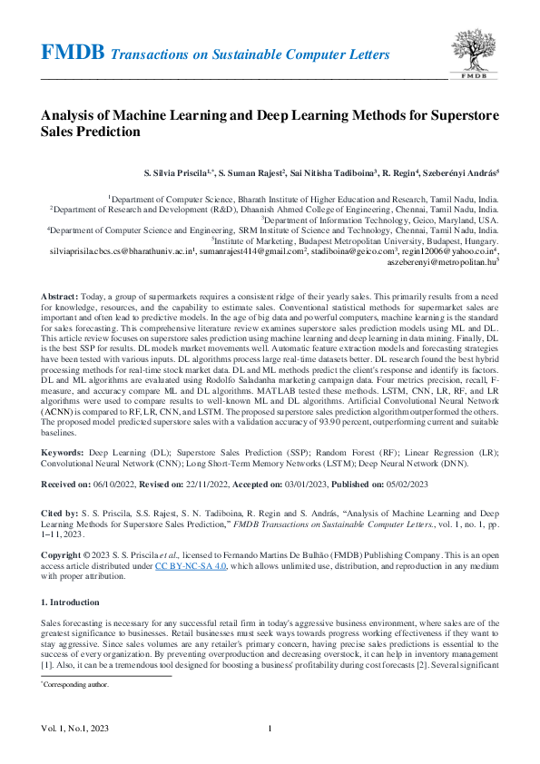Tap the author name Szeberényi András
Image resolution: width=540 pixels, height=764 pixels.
click(463, 171)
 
